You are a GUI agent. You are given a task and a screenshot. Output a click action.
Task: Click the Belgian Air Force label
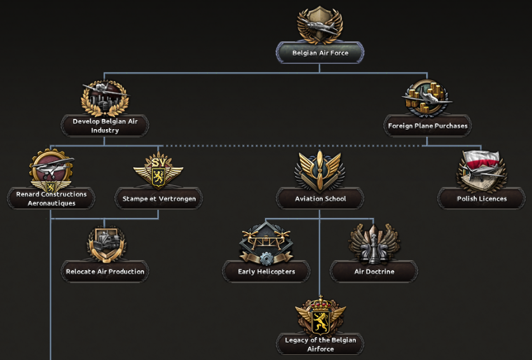(x=320, y=53)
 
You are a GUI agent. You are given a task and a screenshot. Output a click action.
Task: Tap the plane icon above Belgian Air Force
(x=320, y=24)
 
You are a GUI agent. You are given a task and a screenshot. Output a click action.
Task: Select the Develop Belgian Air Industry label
(x=105, y=125)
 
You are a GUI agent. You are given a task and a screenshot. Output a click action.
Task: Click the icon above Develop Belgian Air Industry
(x=105, y=97)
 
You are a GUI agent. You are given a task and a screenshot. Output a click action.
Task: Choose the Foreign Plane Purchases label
(x=428, y=126)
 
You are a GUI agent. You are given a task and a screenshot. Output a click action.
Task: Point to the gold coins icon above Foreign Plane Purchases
(x=427, y=96)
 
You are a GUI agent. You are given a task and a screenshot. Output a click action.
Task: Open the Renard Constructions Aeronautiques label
(x=51, y=198)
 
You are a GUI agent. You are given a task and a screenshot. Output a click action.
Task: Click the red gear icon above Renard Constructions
(x=51, y=169)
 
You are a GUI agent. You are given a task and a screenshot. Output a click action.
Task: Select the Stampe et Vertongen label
(x=159, y=198)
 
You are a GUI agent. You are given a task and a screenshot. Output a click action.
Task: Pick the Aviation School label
(x=320, y=198)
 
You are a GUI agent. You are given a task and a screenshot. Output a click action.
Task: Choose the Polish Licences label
(x=482, y=198)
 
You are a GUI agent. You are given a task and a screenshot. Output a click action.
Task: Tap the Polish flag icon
(x=481, y=165)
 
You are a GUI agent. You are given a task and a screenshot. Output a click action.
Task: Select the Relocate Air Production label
(x=106, y=272)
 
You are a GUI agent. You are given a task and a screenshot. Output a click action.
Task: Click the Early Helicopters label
(x=266, y=272)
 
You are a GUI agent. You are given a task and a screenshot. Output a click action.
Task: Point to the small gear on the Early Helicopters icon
(x=266, y=258)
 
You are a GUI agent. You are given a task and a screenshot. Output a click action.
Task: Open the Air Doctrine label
(x=374, y=272)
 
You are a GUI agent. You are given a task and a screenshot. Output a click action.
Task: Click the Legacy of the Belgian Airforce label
(x=320, y=344)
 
